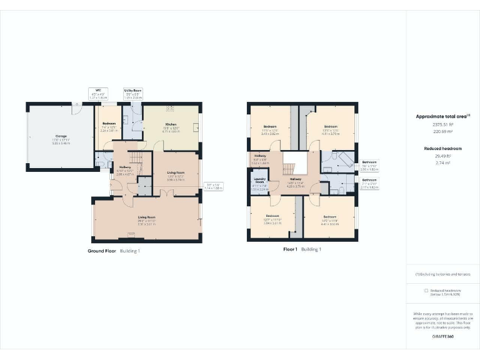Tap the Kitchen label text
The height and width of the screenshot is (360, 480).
click(154, 124)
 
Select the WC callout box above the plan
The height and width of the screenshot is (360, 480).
click(98, 93)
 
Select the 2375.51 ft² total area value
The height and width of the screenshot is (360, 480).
click(442, 124)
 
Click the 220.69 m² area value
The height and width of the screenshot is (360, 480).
click(442, 132)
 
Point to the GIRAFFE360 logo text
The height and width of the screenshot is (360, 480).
click(442, 337)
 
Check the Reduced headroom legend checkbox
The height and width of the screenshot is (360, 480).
click(426, 291)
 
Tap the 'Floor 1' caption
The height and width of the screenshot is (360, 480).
click(289, 249)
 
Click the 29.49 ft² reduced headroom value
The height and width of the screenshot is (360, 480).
click(442, 156)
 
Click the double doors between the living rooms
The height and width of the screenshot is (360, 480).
click(165, 195)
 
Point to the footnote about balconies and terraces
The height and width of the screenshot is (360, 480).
click(442, 274)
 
